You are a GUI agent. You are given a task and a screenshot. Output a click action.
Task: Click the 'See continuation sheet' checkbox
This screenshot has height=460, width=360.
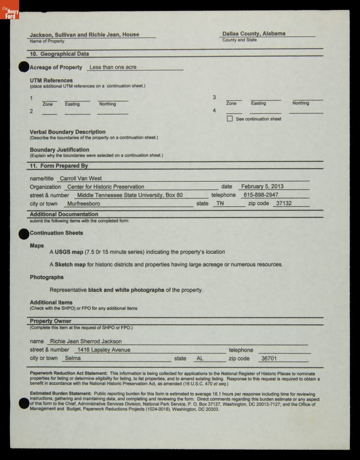click(230, 119)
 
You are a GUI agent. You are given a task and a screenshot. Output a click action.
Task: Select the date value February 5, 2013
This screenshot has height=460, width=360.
click(262, 187)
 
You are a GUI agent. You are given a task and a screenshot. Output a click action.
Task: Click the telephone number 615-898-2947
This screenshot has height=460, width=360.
click(261, 195)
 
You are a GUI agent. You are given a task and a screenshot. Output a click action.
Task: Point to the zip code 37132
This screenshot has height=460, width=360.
click(284, 204)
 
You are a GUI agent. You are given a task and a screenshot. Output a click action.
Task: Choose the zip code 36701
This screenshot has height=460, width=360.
click(269, 359)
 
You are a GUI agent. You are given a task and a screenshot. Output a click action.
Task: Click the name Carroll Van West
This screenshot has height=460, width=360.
click(81, 179)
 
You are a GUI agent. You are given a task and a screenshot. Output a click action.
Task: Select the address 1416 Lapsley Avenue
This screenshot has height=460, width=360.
click(104, 350)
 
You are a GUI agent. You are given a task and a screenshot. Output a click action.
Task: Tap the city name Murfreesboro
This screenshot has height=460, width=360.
click(84, 204)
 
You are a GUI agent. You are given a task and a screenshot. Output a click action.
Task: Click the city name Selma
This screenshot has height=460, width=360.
click(73, 358)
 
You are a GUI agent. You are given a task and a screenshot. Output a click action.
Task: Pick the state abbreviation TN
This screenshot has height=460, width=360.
click(220, 204)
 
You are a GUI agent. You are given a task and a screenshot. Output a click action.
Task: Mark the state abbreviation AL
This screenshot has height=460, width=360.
click(200, 359)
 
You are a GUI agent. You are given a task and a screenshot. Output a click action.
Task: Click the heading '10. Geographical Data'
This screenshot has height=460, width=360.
click(59, 54)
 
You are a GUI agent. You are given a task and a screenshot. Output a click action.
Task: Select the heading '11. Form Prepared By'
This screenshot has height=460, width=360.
click(59, 166)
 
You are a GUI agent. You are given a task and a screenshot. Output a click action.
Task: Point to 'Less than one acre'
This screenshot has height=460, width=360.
click(113, 67)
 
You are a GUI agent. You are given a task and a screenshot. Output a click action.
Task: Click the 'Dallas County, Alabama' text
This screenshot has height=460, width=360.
click(254, 34)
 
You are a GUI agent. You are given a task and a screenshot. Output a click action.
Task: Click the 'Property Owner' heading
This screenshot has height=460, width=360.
click(51, 321)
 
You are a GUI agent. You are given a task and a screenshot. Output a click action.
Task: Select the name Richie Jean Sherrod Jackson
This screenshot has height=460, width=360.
click(86, 342)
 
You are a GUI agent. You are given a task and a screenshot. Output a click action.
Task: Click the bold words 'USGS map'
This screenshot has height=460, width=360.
click(69, 252)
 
